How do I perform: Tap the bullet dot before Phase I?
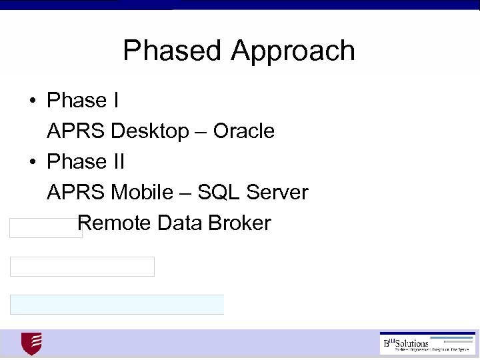tap(31, 101)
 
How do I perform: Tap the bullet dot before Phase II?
tap(31, 163)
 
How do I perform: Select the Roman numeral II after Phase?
tap(119, 161)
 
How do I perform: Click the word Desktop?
tap(150, 131)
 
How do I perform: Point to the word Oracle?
tap(244, 131)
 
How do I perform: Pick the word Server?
tap(277, 193)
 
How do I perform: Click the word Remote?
tap(115, 223)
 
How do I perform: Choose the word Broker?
tap(239, 223)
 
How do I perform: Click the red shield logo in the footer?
tap(31, 344)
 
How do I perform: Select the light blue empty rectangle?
tap(117, 305)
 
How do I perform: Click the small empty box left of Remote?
tap(44, 228)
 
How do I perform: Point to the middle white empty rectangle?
tap(82, 267)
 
